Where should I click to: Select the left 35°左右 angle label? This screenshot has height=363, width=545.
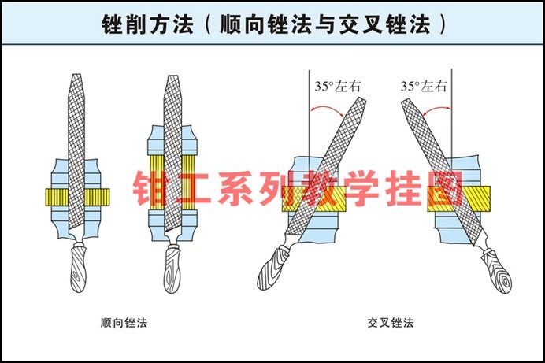point(336,87)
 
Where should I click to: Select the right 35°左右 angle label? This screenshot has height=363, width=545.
point(424,87)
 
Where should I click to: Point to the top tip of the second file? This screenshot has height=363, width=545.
point(175,77)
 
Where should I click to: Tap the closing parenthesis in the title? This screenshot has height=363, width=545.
point(443,24)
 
